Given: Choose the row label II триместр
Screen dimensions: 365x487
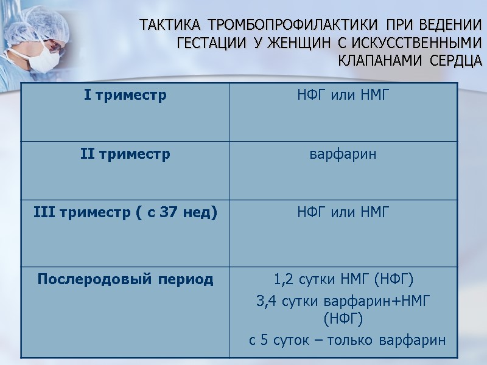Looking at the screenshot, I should pyautogui.click(x=125, y=154).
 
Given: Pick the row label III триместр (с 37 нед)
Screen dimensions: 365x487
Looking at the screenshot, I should pyautogui.click(x=125, y=213).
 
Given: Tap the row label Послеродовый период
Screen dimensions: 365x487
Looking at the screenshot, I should pyautogui.click(x=125, y=279).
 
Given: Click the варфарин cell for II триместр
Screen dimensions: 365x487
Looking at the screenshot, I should pyautogui.click(x=343, y=155).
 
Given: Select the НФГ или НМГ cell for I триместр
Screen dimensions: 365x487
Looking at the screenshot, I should pyautogui.click(x=343, y=96).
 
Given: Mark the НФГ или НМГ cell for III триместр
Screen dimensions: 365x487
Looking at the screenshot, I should pyautogui.click(x=343, y=213).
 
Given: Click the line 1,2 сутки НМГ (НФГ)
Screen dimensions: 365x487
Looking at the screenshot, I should pyautogui.click(x=343, y=280).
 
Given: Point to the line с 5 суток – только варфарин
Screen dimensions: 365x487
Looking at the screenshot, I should pyautogui.click(x=348, y=339).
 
